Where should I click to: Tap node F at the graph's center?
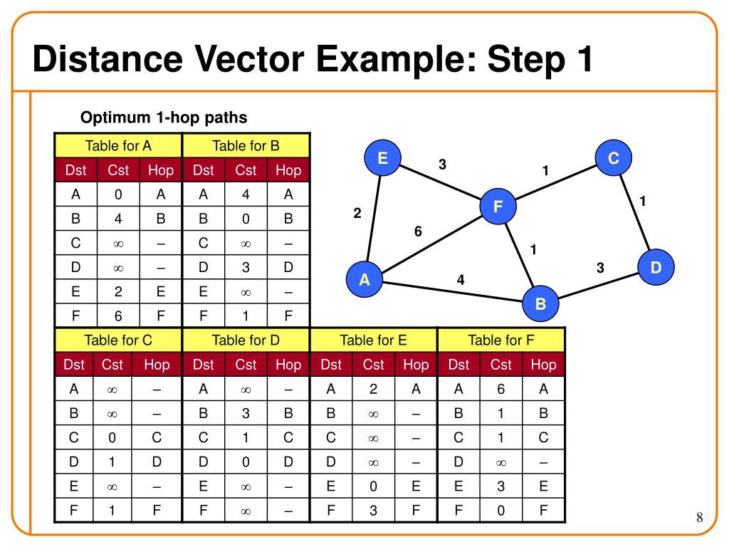click(498, 207)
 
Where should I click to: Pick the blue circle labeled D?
click(656, 267)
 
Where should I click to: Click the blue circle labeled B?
click(540, 304)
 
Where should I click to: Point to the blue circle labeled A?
click(364, 280)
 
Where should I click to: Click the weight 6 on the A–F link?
click(418, 231)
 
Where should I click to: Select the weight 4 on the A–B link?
click(461, 280)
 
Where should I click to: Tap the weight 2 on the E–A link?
click(357, 213)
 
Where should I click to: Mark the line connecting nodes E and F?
click(440, 182)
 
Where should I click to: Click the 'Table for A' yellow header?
click(118, 146)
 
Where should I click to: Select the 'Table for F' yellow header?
click(500, 340)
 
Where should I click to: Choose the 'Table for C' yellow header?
click(118, 340)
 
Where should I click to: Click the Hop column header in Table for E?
click(416, 365)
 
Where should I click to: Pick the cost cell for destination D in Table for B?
click(246, 267)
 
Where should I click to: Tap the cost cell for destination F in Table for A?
click(118, 316)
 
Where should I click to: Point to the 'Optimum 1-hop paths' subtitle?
click(163, 117)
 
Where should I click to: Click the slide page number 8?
click(699, 517)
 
